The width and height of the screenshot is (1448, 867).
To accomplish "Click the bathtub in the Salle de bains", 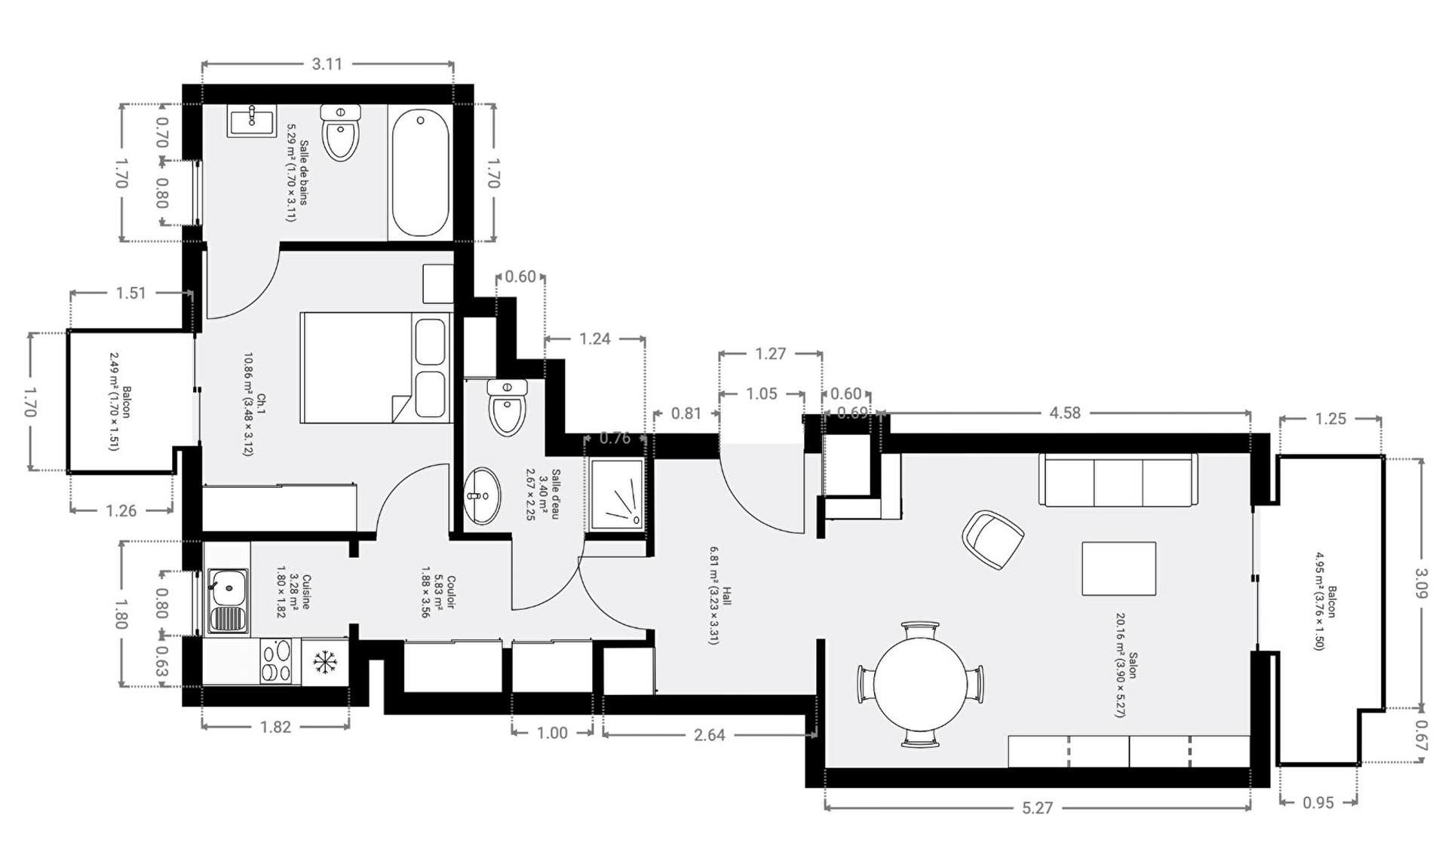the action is point(421,173).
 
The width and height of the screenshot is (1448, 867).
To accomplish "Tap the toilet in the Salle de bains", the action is point(341,133).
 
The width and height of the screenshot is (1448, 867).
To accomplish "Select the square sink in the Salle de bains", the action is point(252,121).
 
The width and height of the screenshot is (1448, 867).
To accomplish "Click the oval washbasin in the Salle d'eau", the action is point(481,495).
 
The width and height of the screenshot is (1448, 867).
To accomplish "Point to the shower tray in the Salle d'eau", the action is point(617,494).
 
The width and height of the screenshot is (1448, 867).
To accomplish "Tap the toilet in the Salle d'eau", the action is point(507,407).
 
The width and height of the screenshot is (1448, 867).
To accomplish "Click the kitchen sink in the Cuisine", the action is point(228,601).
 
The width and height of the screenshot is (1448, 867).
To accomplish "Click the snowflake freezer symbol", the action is point(324,663).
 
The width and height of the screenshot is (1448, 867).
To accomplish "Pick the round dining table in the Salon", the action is point(921,685).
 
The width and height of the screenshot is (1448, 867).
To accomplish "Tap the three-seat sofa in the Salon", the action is point(1118,479).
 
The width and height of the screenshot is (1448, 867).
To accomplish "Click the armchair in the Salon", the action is point(992,538).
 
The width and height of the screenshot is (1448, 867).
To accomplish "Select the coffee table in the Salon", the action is point(1119,568).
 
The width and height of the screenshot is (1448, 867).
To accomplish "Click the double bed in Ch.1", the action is point(376,367).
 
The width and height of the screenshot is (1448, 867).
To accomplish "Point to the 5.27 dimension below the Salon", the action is point(1038,807).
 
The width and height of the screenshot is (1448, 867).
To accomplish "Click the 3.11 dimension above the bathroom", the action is point(327,64).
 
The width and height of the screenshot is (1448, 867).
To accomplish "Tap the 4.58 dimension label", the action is point(1065,412).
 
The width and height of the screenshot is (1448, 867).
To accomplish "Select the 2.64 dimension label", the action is point(709,734).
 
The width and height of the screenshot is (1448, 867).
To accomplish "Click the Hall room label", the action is point(727,596).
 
